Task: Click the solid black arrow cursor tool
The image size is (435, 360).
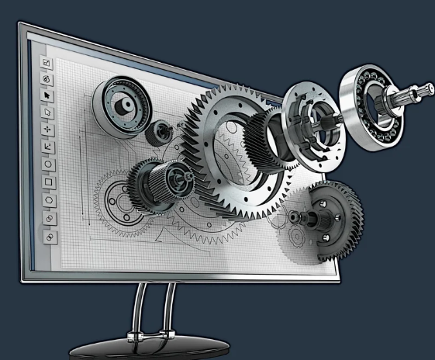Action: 47,95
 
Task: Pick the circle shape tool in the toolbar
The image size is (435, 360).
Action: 48,164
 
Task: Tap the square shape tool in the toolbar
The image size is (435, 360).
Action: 48,182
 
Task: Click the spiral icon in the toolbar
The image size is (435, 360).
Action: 46,78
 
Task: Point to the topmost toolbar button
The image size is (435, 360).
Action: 45,62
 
